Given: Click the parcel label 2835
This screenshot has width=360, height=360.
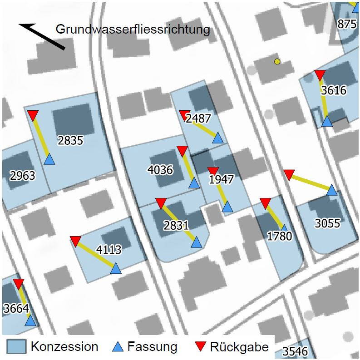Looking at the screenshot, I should tap(70, 140).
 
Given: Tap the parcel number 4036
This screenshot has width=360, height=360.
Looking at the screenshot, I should tap(160, 170).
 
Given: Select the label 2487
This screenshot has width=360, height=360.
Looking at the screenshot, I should tap(198, 118).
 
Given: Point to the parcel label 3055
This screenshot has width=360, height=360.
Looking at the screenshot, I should tap(327, 223).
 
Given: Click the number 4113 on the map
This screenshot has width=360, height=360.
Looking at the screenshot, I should tap(108, 249).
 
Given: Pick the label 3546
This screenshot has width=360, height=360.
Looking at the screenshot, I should tap(295, 351).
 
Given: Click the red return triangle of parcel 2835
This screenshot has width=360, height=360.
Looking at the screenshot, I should tap(33, 115).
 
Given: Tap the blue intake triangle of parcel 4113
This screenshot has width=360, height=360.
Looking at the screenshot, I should tap(116, 268).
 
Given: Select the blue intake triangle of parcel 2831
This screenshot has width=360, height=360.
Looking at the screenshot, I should tap(196, 242).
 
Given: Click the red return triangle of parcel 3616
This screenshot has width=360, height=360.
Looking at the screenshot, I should tap(320, 75).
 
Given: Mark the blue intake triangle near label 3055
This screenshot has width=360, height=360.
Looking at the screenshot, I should tap(332, 190).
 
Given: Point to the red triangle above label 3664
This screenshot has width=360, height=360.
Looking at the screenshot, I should tap(18, 284).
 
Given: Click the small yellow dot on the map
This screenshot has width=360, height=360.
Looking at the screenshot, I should tap(277, 61).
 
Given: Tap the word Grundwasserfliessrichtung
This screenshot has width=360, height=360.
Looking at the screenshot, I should tap(133, 30).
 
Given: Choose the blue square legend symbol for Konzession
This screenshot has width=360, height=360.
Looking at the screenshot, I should tap(16, 347).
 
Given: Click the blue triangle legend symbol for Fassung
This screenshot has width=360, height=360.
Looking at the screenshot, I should tap(118, 347).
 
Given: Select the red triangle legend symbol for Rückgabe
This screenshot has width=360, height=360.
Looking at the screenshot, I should tap(200, 347).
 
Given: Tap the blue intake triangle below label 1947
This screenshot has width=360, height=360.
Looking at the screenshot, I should tap(227, 207).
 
